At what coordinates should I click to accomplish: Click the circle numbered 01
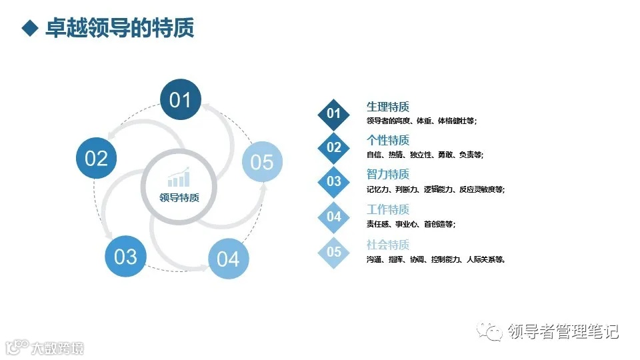[180, 101]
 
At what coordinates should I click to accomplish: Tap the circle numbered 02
[97, 159]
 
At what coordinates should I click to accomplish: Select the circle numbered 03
[125, 257]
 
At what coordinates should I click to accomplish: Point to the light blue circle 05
[262, 162]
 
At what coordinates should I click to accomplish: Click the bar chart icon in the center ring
[179, 177]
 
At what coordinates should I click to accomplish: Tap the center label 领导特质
[179, 197]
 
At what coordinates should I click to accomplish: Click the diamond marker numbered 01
[334, 113]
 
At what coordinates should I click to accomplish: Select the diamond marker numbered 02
[334, 147]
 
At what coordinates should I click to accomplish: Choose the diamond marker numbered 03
[334, 181]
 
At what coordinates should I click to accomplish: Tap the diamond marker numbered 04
[334, 217]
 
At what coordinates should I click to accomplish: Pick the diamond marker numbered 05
[334, 251]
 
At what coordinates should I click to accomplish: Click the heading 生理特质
[387, 107]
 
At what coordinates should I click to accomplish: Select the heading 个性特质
[387, 141]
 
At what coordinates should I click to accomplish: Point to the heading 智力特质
[387, 175]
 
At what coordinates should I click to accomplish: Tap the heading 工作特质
[387, 210]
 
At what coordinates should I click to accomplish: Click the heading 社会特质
[387, 245]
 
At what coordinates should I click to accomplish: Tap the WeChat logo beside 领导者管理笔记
[493, 331]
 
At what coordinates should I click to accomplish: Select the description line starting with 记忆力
[435, 190]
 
